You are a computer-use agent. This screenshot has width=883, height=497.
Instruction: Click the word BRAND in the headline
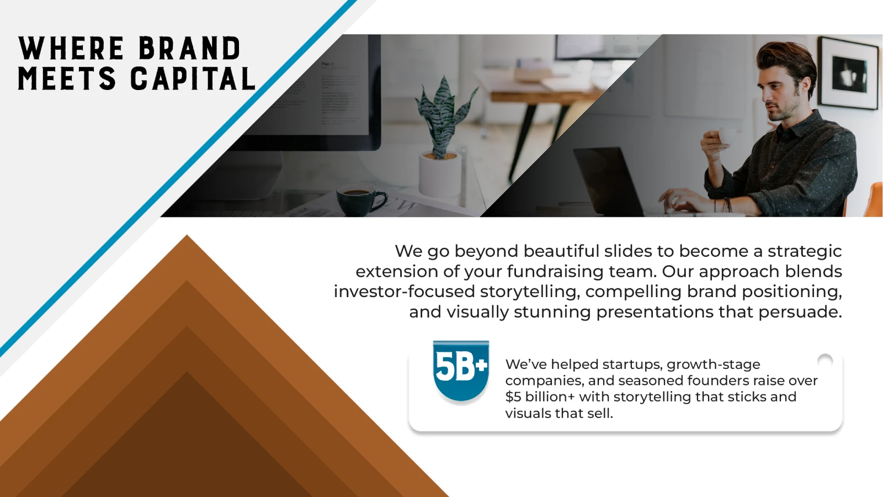(190, 48)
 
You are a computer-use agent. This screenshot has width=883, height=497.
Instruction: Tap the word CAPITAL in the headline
(193, 78)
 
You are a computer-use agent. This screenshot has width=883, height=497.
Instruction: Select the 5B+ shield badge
(461, 372)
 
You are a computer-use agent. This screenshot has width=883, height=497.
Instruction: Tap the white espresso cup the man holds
(727, 136)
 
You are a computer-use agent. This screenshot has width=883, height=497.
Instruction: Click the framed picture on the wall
(848, 73)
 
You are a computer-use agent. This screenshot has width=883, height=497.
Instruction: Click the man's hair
(784, 63)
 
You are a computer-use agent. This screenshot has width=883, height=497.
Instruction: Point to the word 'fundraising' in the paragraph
(555, 271)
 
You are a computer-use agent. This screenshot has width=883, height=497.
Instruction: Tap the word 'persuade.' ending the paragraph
(800, 312)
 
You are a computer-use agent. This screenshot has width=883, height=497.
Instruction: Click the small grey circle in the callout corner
(825, 361)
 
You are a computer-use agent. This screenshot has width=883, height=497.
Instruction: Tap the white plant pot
(439, 173)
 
